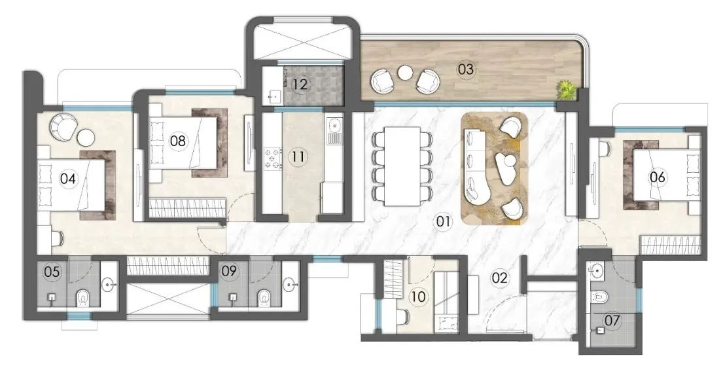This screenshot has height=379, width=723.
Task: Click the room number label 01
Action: click(443, 222)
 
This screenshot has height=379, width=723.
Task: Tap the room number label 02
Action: click(500, 278)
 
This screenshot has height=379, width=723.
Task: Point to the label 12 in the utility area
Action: click(300, 84)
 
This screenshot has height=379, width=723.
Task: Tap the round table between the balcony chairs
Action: click(406, 72)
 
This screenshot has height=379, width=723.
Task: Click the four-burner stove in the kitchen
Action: click(272, 157)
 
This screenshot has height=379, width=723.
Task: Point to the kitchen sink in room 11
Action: click(334, 127)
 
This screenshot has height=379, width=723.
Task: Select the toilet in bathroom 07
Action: click(599, 297)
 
